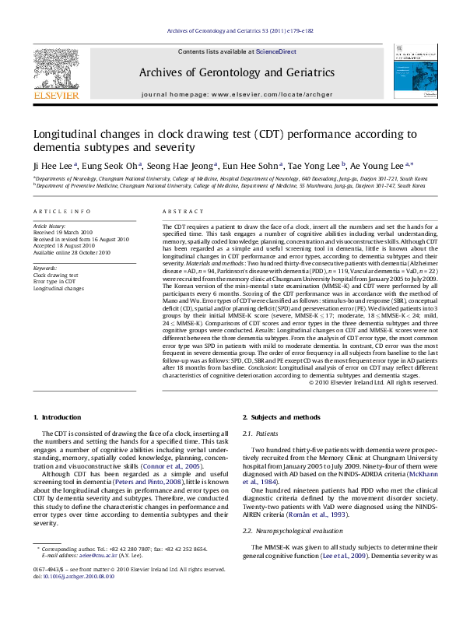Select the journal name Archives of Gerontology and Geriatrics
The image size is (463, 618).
pyautogui.click(x=232, y=73)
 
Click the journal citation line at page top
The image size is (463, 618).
pyautogui.click(x=231, y=30)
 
